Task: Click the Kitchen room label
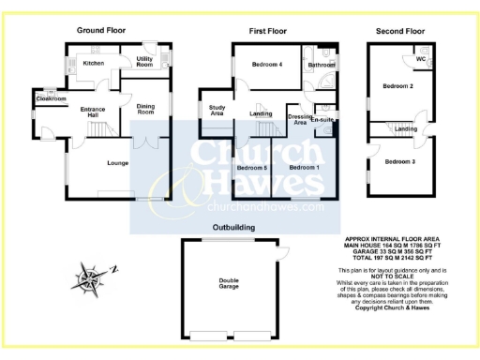click(x=94, y=63)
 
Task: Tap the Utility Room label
click(x=144, y=62)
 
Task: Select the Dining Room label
click(x=144, y=109)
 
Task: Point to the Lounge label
click(x=117, y=163)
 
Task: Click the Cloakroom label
click(x=51, y=98)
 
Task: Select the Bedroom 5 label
click(x=251, y=167)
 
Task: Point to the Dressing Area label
click(x=299, y=119)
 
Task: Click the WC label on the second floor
click(x=421, y=59)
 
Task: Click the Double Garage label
click(x=229, y=284)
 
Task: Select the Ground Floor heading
click(x=100, y=31)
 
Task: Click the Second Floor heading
click(x=400, y=31)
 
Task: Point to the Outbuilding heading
click(x=235, y=227)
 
